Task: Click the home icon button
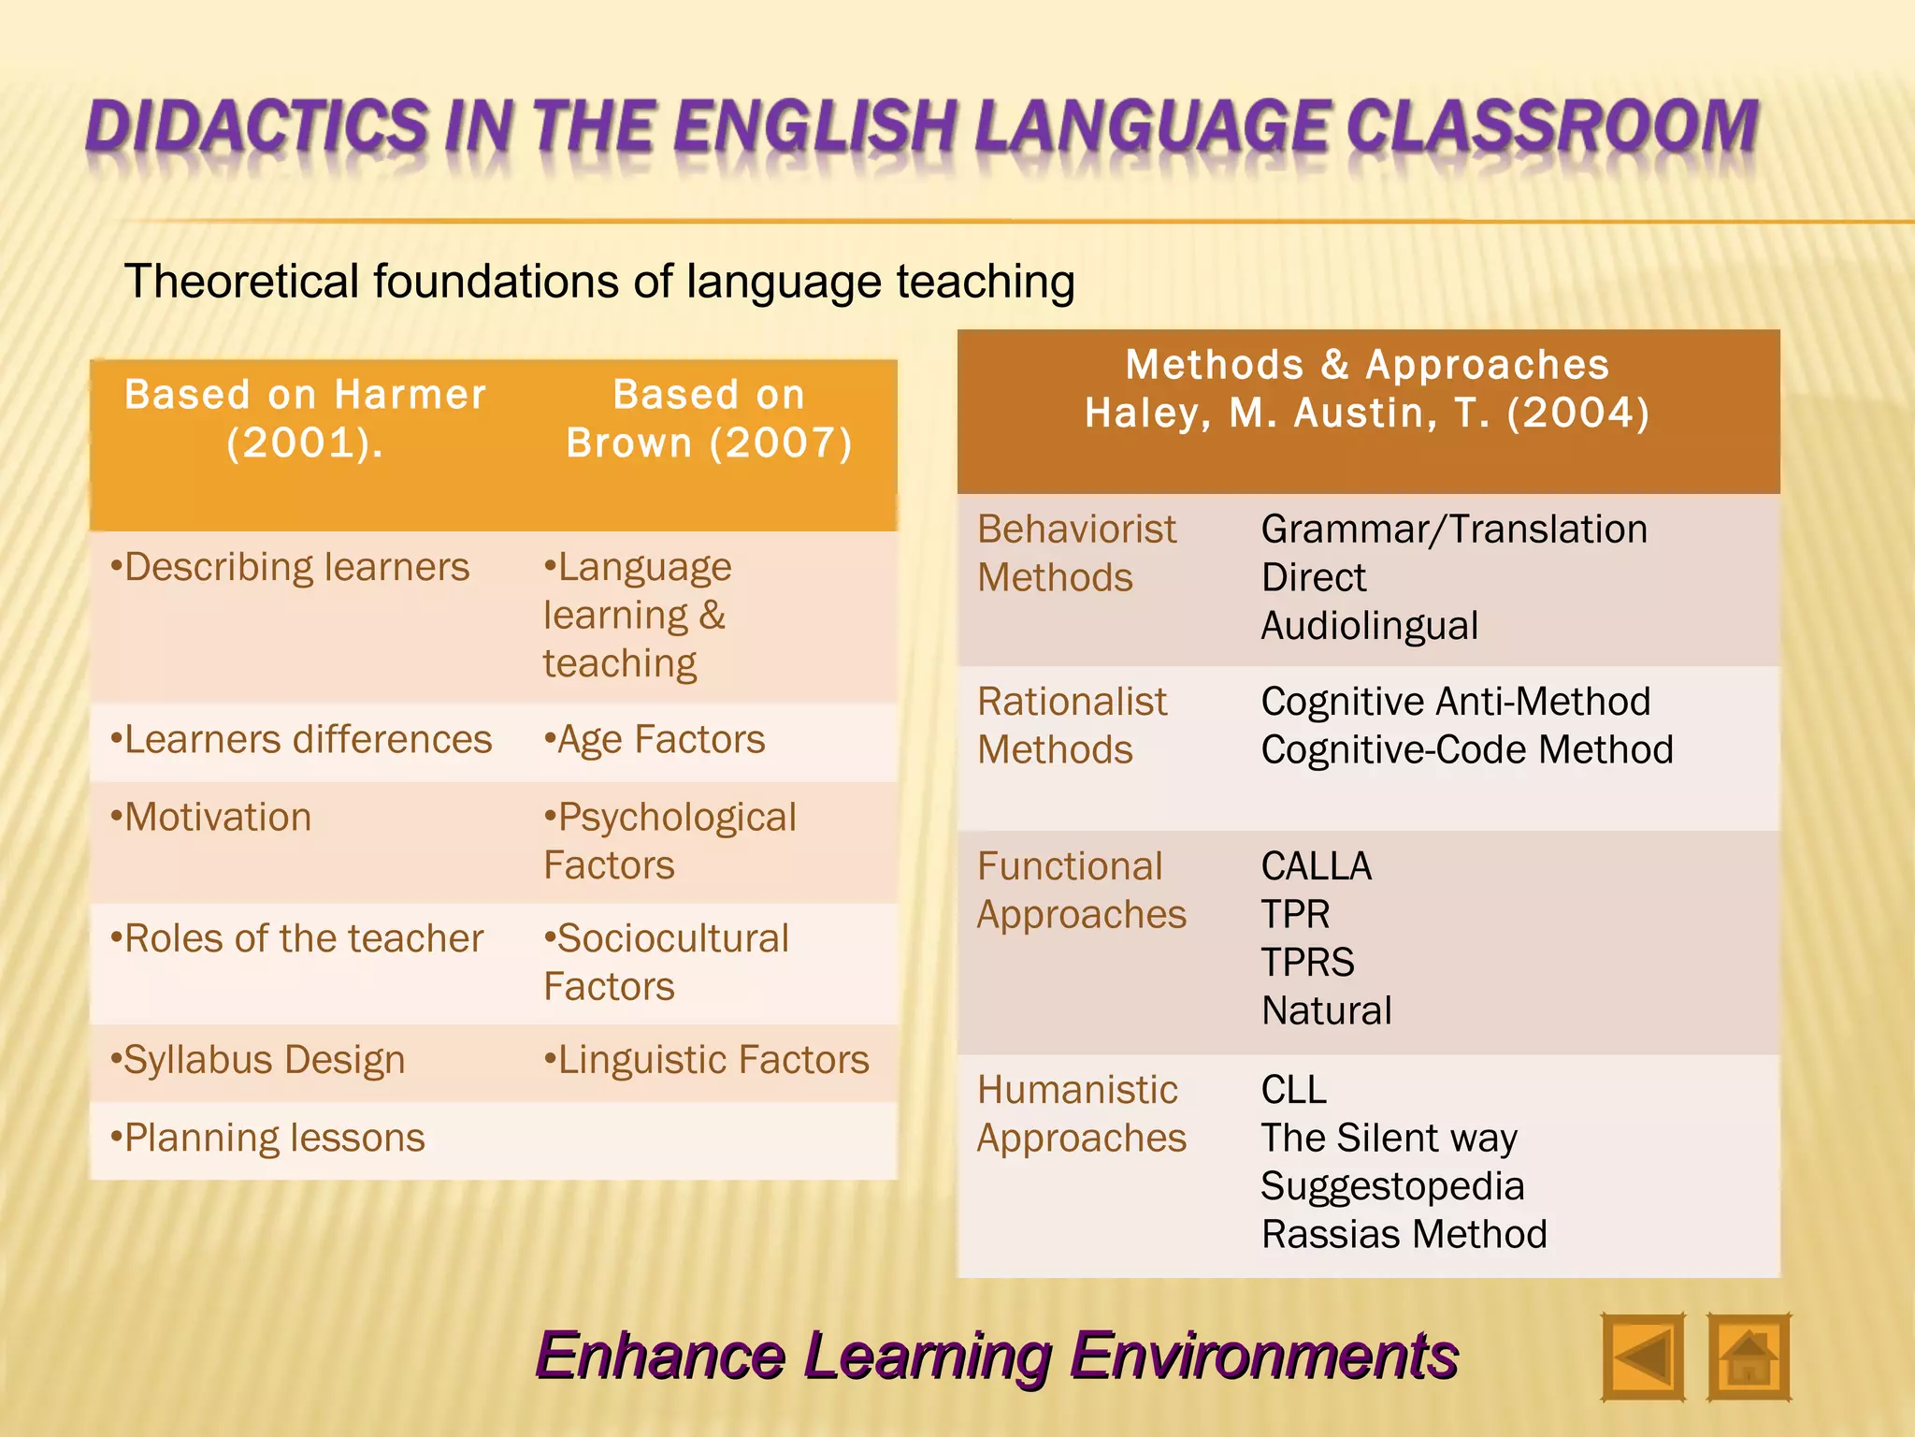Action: [x=1748, y=1357]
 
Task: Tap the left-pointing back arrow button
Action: [x=1642, y=1357]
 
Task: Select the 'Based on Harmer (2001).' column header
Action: [x=305, y=418]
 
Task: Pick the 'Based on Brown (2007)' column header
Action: [x=709, y=418]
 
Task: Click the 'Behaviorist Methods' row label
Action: [x=1075, y=553]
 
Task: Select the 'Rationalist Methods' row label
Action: [x=1072, y=725]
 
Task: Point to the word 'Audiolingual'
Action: [x=1369, y=626]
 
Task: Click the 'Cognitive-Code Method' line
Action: [x=1466, y=749]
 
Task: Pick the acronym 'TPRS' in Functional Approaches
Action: [x=1307, y=963]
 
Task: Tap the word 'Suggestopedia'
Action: [x=1392, y=1186]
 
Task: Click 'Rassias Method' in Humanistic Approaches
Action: [x=1404, y=1234]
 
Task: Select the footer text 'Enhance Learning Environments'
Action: [x=996, y=1356]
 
